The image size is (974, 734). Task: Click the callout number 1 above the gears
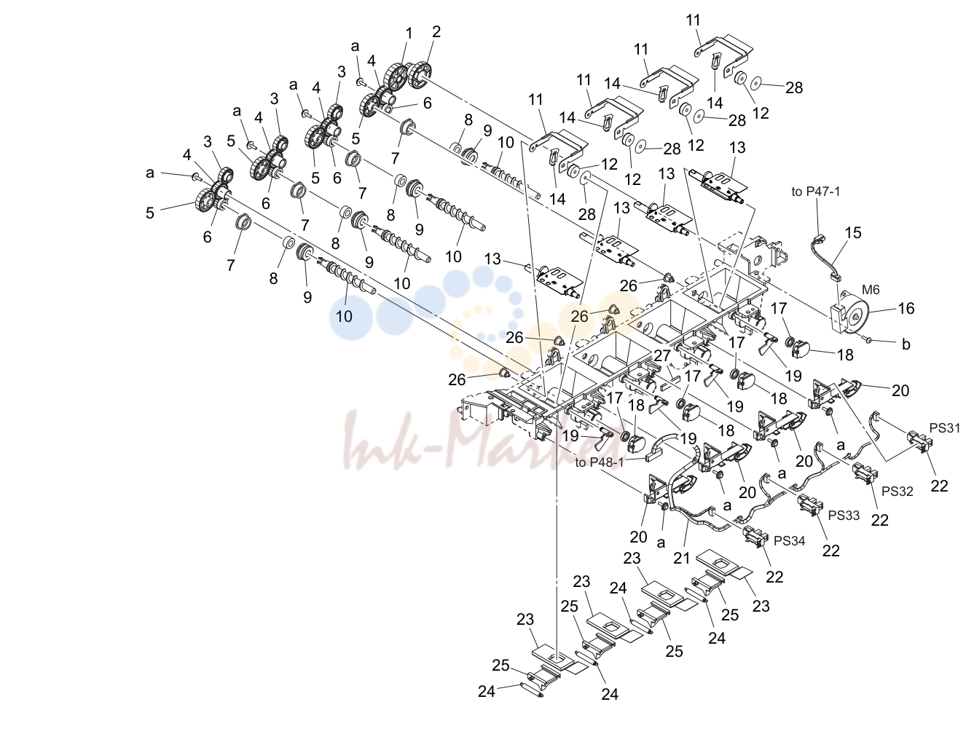coord(409,33)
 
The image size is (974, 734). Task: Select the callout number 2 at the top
coord(436,31)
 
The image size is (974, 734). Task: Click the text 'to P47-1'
coord(816,192)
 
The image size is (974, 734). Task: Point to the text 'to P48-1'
coord(599,462)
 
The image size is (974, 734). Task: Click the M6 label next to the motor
coord(870,290)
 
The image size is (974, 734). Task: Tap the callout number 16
coord(906,308)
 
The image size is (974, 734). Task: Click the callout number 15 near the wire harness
coord(852,232)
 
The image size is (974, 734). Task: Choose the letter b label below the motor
coord(906,344)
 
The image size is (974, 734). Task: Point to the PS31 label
coord(944,428)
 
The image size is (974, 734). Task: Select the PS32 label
coord(898,492)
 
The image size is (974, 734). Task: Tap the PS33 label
coord(844,516)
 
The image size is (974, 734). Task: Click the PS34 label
coord(789,540)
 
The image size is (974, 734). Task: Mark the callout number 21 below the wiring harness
coord(682,558)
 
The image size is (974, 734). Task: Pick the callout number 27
coord(662,355)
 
